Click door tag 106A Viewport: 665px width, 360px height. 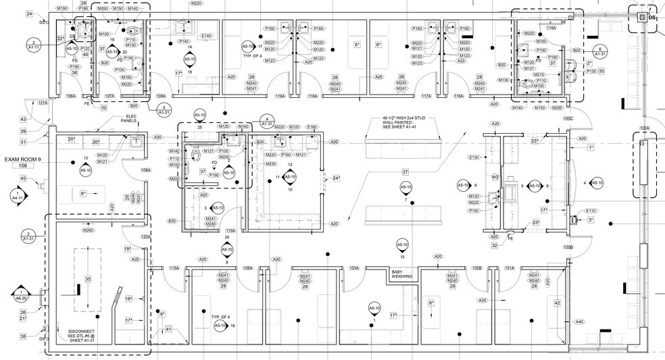[x=71, y=97]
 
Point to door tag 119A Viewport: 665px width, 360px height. [x=278, y=97]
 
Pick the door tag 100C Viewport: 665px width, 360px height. [x=568, y=119]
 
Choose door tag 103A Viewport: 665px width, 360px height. [x=354, y=269]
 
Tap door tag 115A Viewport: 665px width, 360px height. [x=174, y=269]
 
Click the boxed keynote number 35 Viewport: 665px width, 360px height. [x=87, y=279]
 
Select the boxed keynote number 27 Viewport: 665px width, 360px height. [x=405, y=172]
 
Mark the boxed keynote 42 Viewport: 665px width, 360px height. [x=557, y=303]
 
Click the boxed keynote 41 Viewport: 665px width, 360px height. [x=168, y=329]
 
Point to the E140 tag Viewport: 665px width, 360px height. [x=207, y=36]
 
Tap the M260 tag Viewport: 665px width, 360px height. [x=88, y=231]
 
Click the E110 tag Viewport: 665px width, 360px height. [x=590, y=211]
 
